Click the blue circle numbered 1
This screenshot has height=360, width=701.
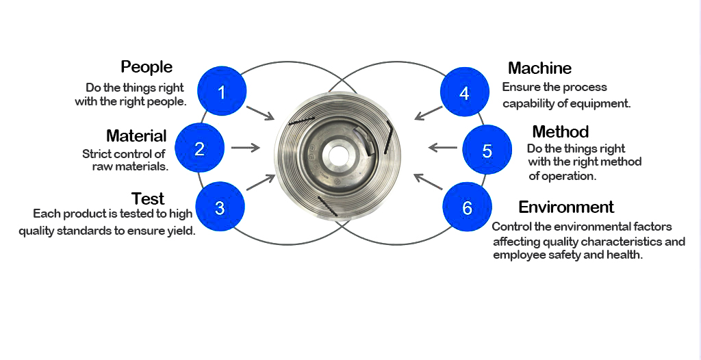tap(221, 91)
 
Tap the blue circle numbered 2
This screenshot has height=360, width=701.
tap(199, 148)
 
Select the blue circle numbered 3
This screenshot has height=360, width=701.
tap(220, 208)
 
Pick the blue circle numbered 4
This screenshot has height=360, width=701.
tap(465, 93)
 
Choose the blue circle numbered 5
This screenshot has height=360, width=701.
tap(487, 150)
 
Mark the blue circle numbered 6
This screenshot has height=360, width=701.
tap(468, 207)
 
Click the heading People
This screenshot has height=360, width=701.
tap(146, 66)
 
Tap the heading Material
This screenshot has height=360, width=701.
tap(136, 136)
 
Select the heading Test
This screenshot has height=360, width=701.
tap(148, 198)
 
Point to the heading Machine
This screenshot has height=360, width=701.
tap(539, 68)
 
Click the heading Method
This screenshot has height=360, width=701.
tap(560, 131)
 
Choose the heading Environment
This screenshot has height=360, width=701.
tap(566, 207)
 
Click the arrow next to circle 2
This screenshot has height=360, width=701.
tap(246, 147)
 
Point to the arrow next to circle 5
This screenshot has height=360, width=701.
tap(443, 147)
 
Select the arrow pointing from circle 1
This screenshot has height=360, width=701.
tap(260, 113)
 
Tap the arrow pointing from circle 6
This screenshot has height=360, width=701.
tap(429, 183)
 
